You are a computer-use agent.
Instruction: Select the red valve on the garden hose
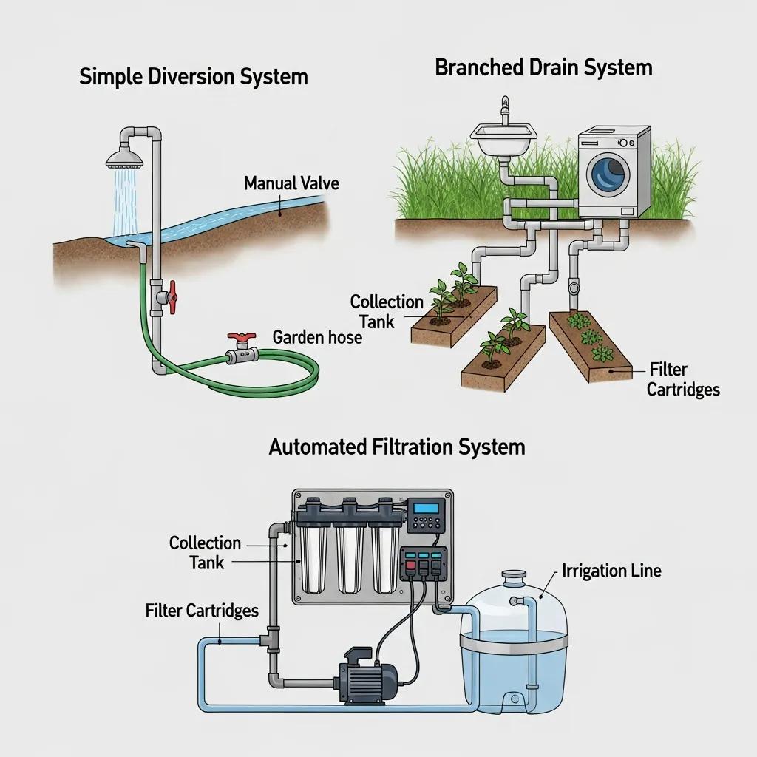pos(241,338)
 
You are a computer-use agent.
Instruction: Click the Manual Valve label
pos(291,183)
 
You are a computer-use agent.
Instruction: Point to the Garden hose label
pos(317,338)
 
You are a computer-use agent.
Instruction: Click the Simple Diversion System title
pos(194,77)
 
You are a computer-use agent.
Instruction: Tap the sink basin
pos(503,137)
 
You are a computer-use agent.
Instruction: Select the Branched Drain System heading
pos(543,68)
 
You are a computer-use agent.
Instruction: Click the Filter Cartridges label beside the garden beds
pos(682,378)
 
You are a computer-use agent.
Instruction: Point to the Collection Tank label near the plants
pos(386,311)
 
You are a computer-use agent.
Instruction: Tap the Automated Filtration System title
pos(397,447)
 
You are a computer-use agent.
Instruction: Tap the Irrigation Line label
pos(611,571)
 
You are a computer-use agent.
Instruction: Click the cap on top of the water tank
pos(512,574)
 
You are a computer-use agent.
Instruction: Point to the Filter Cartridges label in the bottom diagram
pos(202,611)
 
